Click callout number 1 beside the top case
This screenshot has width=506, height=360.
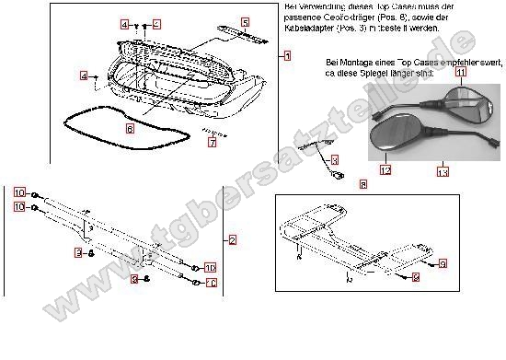287,56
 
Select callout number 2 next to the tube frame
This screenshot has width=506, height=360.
233,240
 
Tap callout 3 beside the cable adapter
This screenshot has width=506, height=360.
334,160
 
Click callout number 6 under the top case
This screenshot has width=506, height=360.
130,129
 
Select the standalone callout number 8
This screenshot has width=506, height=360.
362,185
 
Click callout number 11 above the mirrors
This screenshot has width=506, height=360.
460,72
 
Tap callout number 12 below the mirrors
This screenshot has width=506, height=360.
385,170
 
